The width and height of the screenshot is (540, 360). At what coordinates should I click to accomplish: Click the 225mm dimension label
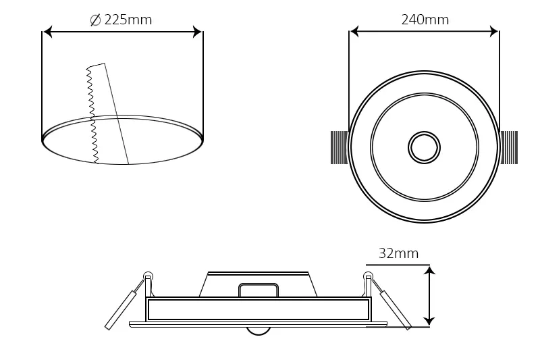[128, 20]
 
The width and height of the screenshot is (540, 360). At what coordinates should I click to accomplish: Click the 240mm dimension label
[425, 20]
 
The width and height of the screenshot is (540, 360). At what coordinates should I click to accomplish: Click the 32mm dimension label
[398, 253]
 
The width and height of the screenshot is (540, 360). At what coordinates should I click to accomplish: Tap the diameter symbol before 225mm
[95, 20]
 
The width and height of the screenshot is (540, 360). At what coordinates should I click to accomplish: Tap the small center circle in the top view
[424, 147]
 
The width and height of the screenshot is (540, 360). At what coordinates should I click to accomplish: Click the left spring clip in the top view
[339, 147]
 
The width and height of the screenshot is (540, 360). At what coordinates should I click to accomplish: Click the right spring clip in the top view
[509, 147]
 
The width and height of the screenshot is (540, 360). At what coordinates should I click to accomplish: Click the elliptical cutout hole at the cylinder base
[122, 140]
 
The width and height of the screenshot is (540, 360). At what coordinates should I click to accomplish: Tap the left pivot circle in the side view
[148, 276]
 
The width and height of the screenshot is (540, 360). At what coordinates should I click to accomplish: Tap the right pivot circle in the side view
[368, 276]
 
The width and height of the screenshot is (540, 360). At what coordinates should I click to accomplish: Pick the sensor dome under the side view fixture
[258, 330]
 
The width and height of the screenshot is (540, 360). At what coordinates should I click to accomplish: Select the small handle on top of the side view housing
[258, 290]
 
